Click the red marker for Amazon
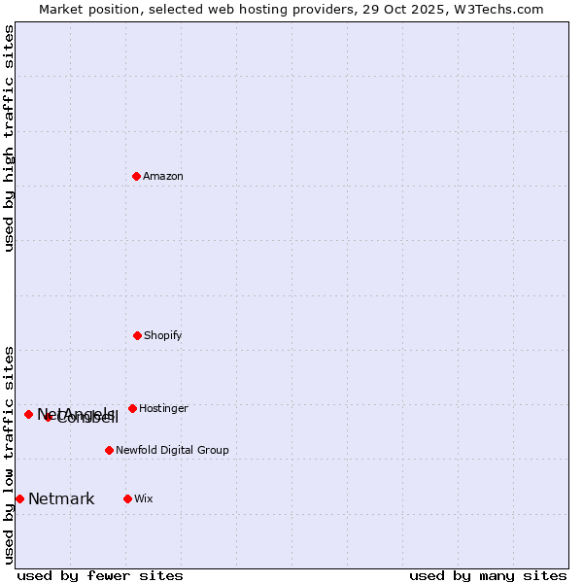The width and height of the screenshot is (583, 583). pyautogui.click(x=136, y=176)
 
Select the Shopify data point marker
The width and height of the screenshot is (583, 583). pyautogui.click(x=137, y=335)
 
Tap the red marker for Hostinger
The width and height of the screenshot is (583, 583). pyautogui.click(x=132, y=408)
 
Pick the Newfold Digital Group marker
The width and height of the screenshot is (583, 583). pyautogui.click(x=109, y=450)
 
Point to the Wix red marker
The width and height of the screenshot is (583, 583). pyautogui.click(x=127, y=498)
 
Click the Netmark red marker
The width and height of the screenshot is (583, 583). pyautogui.click(x=19, y=498)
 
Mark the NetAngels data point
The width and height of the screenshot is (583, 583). pyautogui.click(x=28, y=414)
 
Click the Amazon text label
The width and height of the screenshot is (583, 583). pyautogui.click(x=163, y=176)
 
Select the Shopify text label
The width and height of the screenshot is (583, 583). pyautogui.click(x=163, y=335)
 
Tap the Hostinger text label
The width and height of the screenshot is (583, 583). pyautogui.click(x=163, y=408)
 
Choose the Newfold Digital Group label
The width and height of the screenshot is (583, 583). pyautogui.click(x=172, y=450)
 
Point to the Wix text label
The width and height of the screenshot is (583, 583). pyautogui.click(x=144, y=498)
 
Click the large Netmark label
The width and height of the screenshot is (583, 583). pyautogui.click(x=61, y=498)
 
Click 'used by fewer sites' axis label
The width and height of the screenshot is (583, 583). pyautogui.click(x=100, y=575)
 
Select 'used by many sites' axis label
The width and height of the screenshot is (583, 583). pyautogui.click(x=488, y=575)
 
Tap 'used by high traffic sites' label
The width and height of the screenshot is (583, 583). pyautogui.click(x=9, y=138)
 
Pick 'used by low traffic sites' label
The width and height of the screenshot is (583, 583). pyautogui.click(x=9, y=455)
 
